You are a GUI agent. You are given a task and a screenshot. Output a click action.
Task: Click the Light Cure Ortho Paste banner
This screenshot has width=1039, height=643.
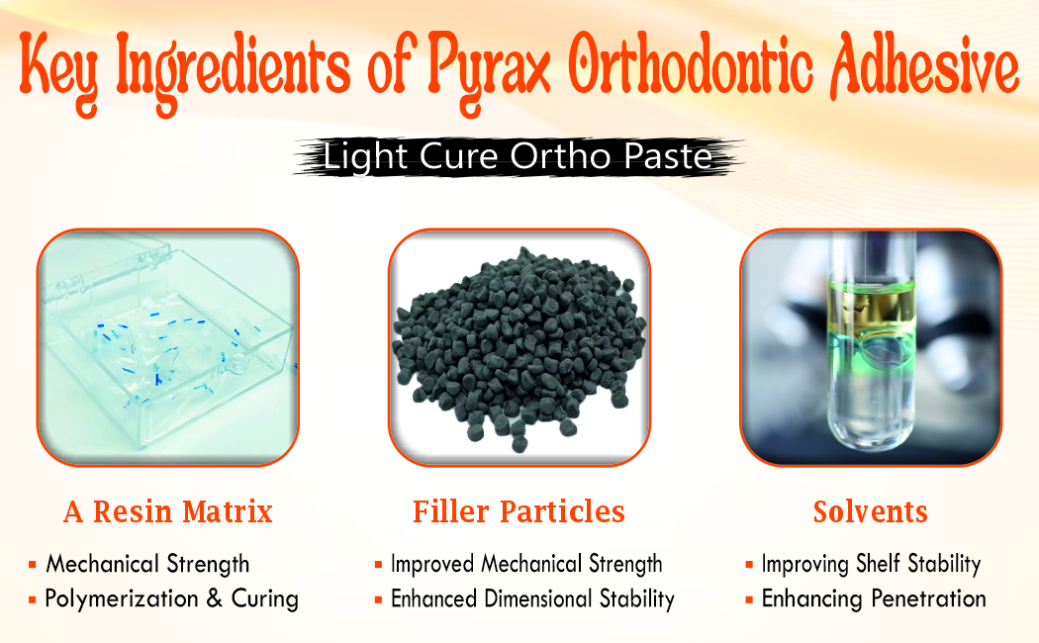519,157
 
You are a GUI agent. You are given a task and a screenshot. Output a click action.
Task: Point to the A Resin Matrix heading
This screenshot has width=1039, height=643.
167,511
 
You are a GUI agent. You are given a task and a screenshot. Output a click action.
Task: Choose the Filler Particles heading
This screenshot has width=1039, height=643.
519,511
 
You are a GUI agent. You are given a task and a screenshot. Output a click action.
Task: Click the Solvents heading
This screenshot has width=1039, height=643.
870,511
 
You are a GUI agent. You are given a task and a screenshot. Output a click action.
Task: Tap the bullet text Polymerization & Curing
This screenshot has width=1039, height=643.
171,598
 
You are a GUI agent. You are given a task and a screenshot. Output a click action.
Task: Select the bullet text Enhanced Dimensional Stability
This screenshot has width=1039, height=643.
532,598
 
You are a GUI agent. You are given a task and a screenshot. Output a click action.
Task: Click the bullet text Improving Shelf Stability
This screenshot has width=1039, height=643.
871,565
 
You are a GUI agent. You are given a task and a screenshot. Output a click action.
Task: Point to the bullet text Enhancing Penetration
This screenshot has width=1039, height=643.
873,598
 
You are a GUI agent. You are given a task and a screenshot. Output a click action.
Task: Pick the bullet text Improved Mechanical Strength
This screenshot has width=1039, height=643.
526,565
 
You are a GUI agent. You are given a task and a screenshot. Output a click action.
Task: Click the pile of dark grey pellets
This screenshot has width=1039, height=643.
519,351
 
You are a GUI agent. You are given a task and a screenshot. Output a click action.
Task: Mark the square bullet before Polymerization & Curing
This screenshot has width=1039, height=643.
33,599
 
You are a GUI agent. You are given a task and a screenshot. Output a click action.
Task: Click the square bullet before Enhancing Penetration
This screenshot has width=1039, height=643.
749,599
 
